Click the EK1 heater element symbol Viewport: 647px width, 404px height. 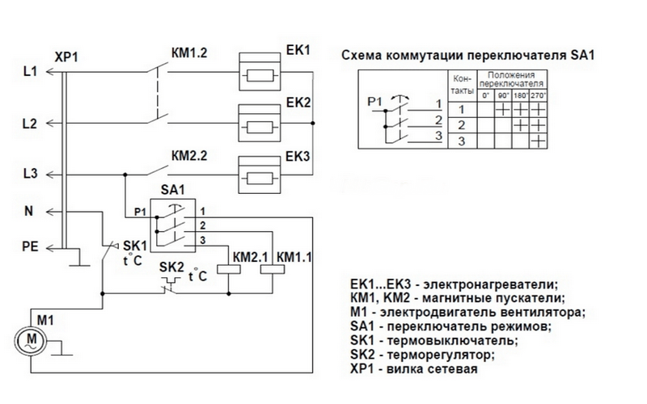pyautogui.click(x=260, y=72)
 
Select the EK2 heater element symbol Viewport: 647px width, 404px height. pyautogui.click(x=260, y=124)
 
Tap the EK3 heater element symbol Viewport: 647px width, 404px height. pyautogui.click(x=260, y=175)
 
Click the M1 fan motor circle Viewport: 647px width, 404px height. pyautogui.click(x=32, y=340)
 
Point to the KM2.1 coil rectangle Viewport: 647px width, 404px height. pyautogui.click(x=229, y=269)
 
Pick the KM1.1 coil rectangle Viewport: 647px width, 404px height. pyautogui.click(x=273, y=269)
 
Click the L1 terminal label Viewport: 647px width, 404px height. pyautogui.click(x=30, y=71)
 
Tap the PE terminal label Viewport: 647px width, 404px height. pyautogui.click(x=30, y=246)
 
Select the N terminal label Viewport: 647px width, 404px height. pyautogui.click(x=28, y=211)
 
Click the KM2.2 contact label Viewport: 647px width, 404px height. pyautogui.click(x=189, y=156)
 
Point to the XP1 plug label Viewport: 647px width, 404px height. pyautogui.click(x=66, y=57)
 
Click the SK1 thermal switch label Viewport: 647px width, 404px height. pyautogui.click(x=135, y=246)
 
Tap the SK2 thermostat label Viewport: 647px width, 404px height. pyautogui.click(x=171, y=267)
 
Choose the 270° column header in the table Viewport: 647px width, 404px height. pyautogui.click(x=538, y=95)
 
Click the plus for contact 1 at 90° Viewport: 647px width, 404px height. pyautogui.click(x=503, y=110)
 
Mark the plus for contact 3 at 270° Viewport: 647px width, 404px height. pyautogui.click(x=538, y=141)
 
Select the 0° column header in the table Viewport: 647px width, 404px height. pyautogui.click(x=486, y=95)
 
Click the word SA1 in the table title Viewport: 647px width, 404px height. pyautogui.click(x=582, y=55)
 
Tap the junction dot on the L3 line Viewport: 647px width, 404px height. pyautogui.click(x=125, y=175)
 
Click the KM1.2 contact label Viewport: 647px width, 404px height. pyautogui.click(x=189, y=53)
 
